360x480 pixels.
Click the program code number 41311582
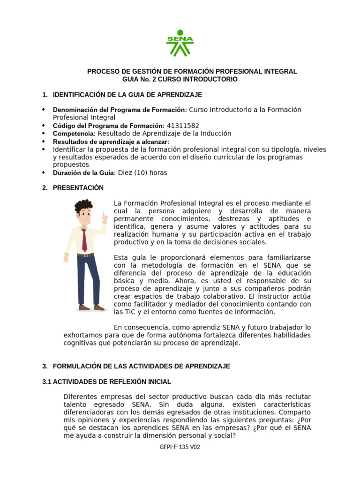(183, 126)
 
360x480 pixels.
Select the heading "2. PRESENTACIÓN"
(78, 187)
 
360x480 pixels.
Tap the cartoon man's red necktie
(84, 240)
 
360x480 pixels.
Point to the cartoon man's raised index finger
(104, 216)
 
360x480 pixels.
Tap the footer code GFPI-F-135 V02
(180, 447)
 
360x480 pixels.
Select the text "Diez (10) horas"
(142, 172)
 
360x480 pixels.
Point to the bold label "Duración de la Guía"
(83, 172)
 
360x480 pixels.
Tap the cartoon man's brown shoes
(91, 307)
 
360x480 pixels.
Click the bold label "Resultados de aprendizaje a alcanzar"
(111, 142)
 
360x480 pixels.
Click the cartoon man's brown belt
(86, 255)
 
